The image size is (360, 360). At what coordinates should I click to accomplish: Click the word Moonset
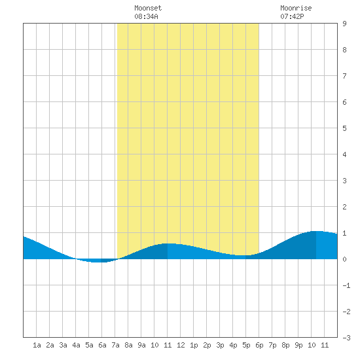[148, 8]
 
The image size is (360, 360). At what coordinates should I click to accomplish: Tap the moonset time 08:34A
[146, 16]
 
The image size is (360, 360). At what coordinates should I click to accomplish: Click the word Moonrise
[296, 8]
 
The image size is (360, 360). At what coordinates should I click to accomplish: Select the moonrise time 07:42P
[292, 16]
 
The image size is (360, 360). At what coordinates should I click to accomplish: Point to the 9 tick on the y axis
[344, 24]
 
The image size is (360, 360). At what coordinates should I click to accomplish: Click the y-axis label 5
[344, 128]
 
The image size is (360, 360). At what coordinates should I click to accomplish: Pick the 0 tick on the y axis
[344, 259]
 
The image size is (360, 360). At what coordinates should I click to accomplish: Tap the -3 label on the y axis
[346, 338]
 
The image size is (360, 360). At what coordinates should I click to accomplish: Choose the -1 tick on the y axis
[346, 285]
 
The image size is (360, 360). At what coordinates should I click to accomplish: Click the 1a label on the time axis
[37, 345]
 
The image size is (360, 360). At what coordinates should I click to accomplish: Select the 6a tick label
[102, 345]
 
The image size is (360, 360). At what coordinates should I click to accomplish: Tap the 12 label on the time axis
[181, 345]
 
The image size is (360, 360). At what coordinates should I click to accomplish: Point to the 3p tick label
[220, 345]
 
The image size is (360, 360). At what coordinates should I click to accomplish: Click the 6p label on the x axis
[259, 345]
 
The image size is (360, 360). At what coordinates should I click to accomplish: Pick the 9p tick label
[298, 345]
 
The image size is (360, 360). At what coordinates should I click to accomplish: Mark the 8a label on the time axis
[128, 345]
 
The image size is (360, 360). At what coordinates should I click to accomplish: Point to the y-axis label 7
[344, 76]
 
